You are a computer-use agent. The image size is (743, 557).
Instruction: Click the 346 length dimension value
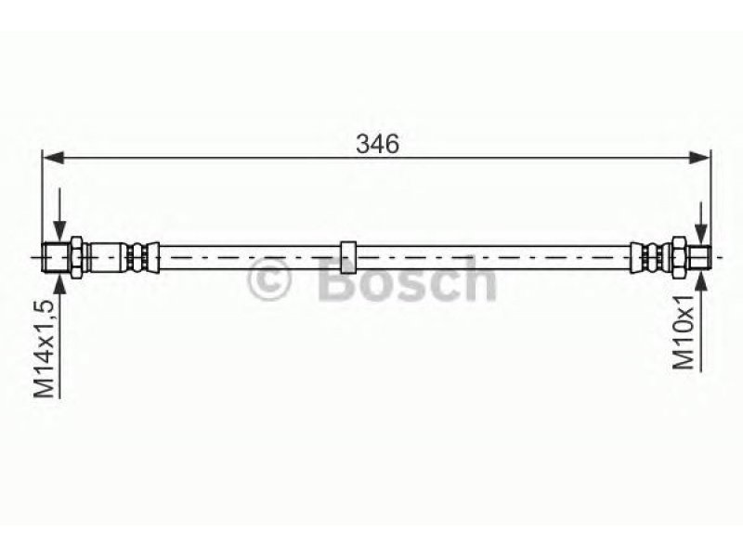point(378,144)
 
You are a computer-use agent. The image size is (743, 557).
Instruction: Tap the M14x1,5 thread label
point(45,349)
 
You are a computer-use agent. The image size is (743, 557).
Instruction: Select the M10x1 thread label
point(684,331)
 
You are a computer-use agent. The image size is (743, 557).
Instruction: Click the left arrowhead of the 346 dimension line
point(53,158)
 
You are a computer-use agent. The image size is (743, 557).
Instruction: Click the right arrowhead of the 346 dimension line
point(699,158)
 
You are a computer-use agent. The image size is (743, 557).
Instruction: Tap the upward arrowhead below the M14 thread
point(59,282)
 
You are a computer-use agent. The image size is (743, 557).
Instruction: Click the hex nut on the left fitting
point(76,257)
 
